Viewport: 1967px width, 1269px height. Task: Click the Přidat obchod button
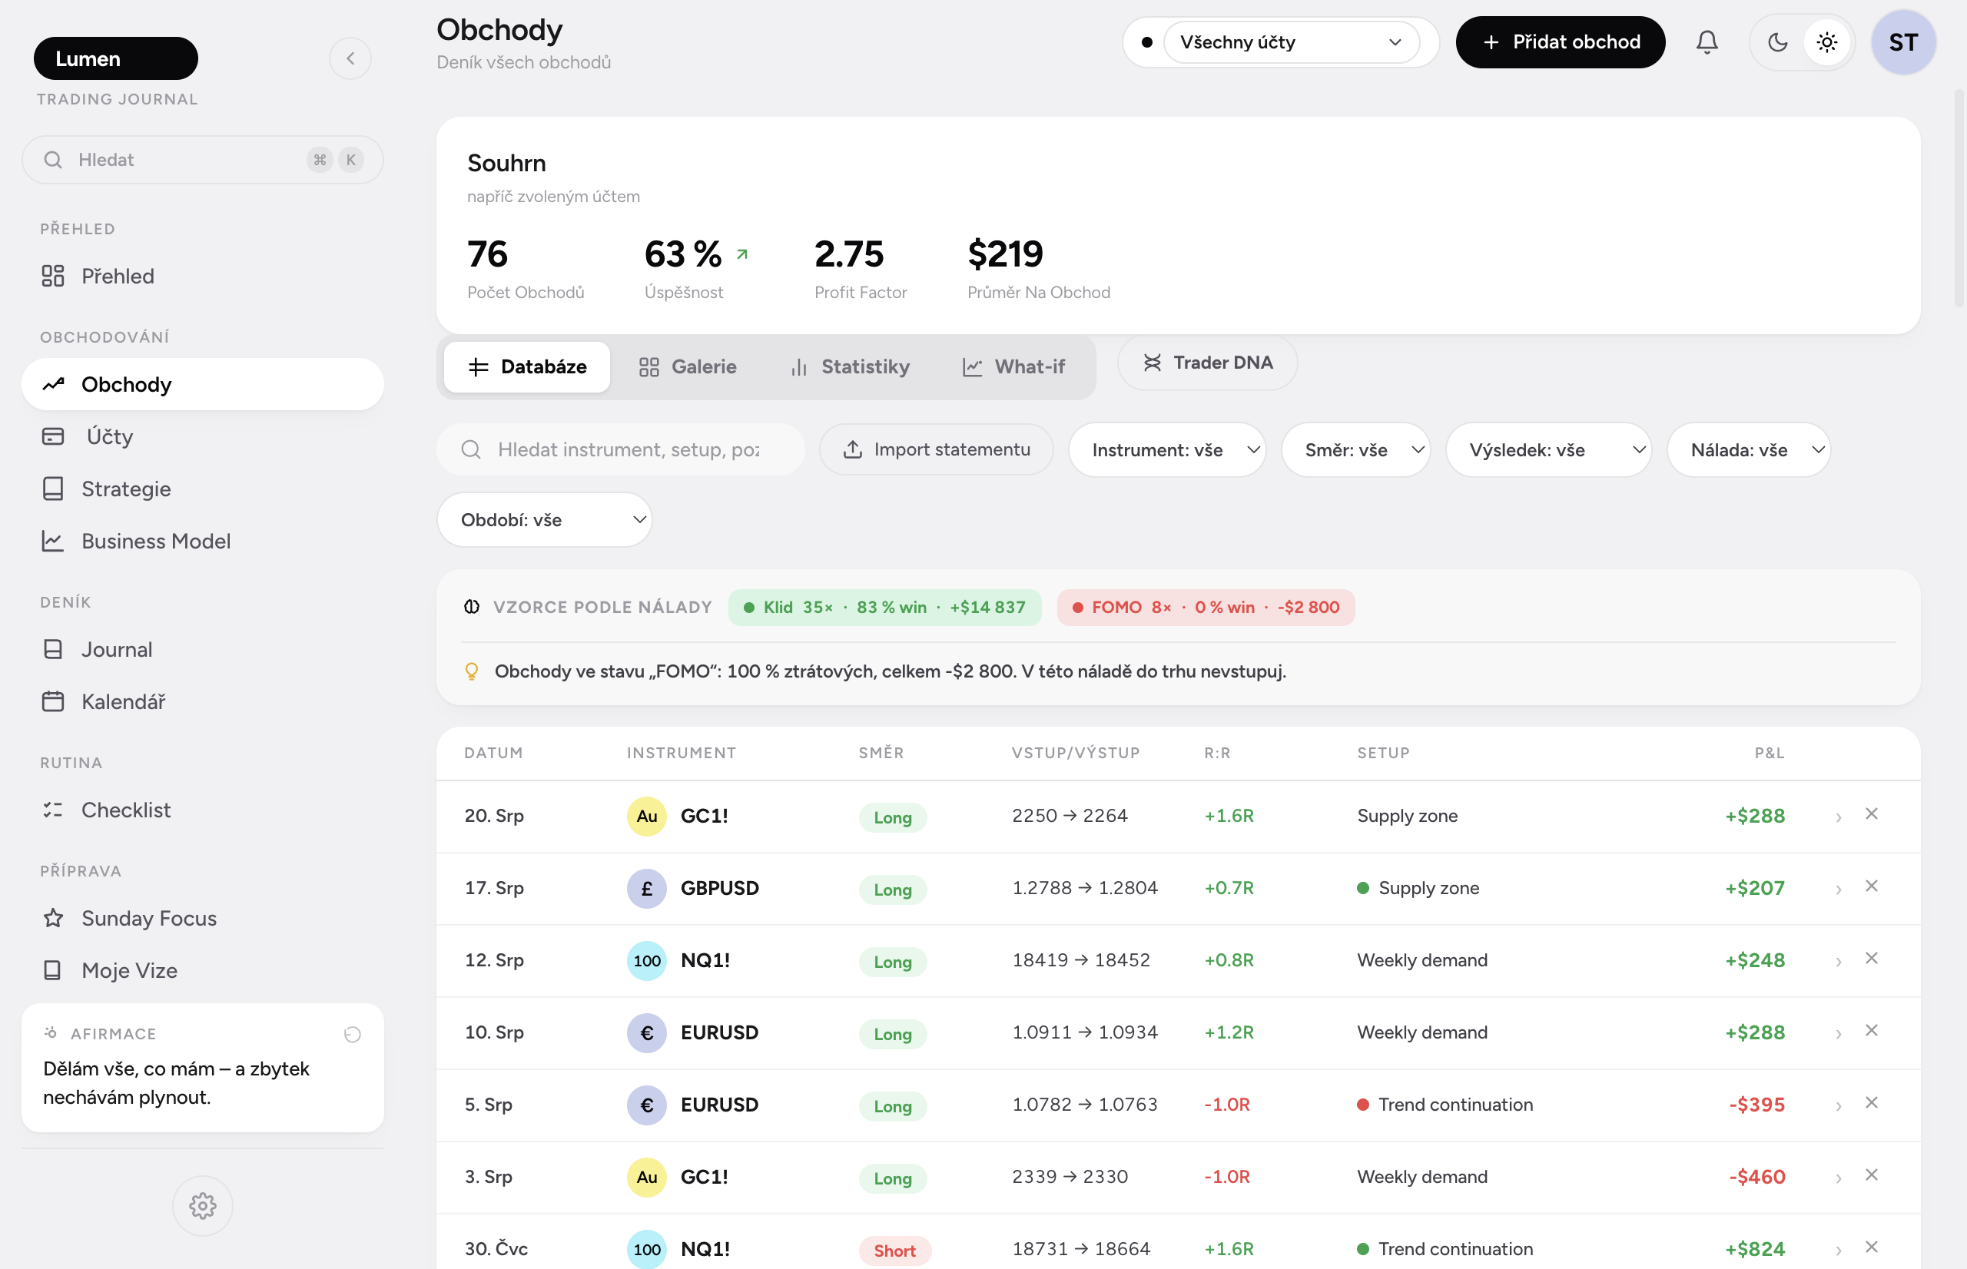coord(1560,42)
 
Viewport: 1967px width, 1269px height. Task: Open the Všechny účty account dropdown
coord(1290,42)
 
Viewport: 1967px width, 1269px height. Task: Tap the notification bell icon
coord(1707,42)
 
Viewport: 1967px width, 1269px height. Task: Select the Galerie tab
coord(687,366)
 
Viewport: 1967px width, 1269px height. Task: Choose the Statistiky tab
coord(850,366)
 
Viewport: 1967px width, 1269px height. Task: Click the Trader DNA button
coord(1207,363)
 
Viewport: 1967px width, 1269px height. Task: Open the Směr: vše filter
coord(1355,450)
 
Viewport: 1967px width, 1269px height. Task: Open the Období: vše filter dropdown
coord(544,520)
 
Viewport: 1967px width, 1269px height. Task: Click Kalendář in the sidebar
coord(124,701)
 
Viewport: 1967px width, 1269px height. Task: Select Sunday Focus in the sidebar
coord(149,918)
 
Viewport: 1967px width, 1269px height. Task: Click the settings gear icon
coord(203,1205)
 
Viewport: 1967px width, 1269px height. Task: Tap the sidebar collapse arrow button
coord(350,58)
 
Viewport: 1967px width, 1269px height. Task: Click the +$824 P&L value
coord(1754,1248)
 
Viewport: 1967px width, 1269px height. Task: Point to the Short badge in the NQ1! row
coord(894,1251)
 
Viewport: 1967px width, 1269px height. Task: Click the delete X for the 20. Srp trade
coord(1872,814)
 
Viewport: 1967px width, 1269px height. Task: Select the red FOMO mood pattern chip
coord(1206,608)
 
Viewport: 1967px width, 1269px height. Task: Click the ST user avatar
coord(1902,42)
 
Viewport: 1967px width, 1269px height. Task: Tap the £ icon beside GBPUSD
coord(647,888)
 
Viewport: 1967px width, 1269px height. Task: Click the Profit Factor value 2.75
coord(849,253)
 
